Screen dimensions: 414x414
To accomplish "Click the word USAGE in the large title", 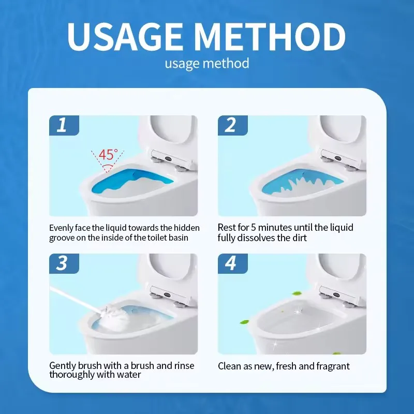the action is [x=125, y=36].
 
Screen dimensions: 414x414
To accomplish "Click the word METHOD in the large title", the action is [x=271, y=36].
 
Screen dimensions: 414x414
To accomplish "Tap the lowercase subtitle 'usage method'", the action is [x=207, y=64].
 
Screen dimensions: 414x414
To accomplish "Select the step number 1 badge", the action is [x=64, y=125].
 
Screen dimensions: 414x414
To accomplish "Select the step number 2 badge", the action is [x=232, y=125].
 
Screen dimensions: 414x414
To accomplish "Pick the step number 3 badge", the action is [x=64, y=263].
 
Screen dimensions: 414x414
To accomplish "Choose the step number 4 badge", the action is [x=232, y=263].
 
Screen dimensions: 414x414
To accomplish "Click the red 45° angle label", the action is [x=108, y=155].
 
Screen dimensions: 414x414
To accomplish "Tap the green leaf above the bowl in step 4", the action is [x=297, y=293].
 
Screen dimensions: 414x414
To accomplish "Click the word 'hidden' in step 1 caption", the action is [x=186, y=228].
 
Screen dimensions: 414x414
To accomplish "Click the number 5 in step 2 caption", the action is [x=253, y=228].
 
